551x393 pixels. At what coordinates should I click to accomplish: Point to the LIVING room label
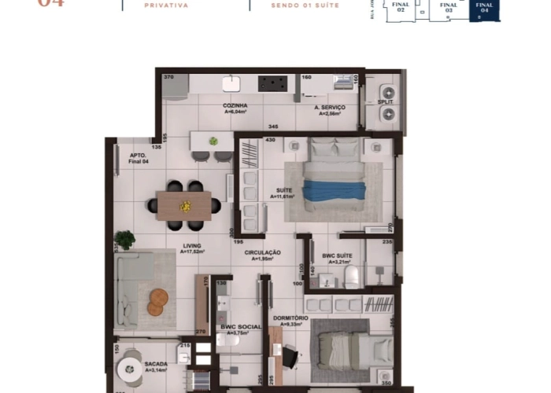192,245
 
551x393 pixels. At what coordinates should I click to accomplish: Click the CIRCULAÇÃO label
262,252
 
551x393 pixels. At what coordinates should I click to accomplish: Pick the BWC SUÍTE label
337,256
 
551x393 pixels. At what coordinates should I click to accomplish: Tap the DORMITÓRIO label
290,318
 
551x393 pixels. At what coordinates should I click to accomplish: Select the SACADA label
155,364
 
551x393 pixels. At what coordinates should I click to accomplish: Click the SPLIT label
386,102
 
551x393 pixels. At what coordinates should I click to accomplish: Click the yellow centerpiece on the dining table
186,206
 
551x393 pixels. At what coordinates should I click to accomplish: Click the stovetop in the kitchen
272,83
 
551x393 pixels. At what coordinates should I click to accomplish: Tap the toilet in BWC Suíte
353,277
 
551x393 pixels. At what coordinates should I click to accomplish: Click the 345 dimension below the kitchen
273,126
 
